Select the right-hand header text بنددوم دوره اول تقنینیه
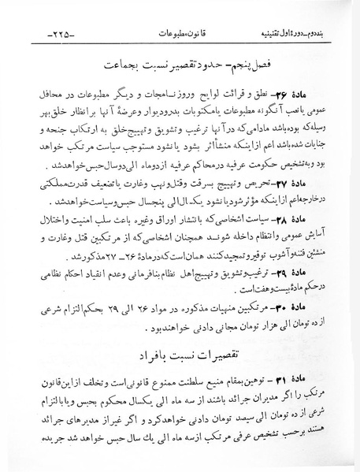(291, 35)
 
